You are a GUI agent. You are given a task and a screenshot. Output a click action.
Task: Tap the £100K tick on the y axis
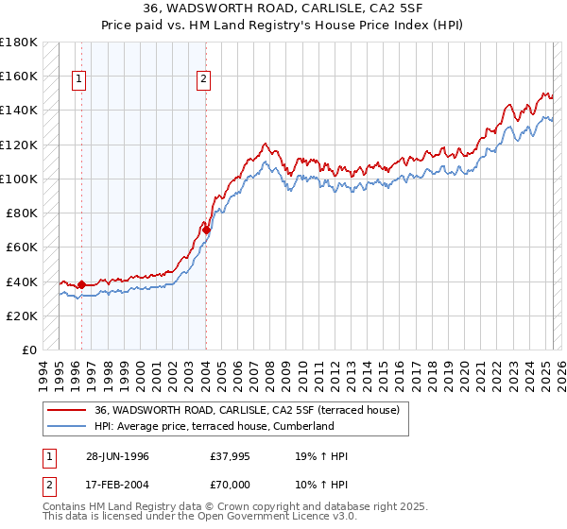click(19, 179)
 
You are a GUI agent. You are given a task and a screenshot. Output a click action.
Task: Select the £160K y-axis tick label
click(19, 76)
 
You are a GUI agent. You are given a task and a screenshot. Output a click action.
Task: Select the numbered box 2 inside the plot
click(203, 80)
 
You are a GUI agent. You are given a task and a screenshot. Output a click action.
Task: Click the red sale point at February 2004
click(206, 230)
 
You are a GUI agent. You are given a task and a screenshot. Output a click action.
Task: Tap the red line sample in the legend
click(66, 410)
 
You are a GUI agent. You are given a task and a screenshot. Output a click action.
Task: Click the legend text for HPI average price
click(215, 426)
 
